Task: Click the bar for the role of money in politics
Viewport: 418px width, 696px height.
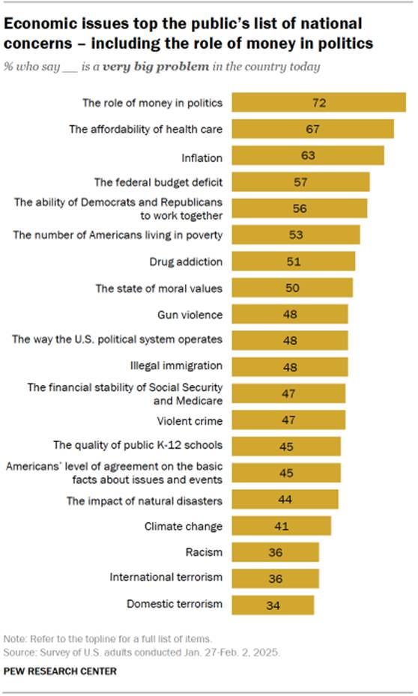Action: coord(318,103)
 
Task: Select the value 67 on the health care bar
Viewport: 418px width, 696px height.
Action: coord(312,129)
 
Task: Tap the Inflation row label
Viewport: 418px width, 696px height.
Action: coord(203,156)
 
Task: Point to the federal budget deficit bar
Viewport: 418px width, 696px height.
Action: coord(300,182)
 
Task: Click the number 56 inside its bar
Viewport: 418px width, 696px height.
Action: coord(300,208)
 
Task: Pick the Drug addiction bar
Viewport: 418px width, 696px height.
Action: coord(293,261)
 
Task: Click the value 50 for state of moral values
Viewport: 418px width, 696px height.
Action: coord(292,288)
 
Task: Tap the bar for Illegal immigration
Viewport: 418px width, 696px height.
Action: coord(289,366)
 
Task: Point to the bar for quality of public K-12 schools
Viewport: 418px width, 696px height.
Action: coord(286,447)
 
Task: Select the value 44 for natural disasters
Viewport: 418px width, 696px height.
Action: coord(285,499)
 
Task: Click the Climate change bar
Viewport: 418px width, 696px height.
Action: coord(281,526)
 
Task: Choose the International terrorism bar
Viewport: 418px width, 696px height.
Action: coord(275,578)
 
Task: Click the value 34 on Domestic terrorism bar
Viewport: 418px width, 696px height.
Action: coord(273,605)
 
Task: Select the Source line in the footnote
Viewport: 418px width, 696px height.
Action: coord(142,653)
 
